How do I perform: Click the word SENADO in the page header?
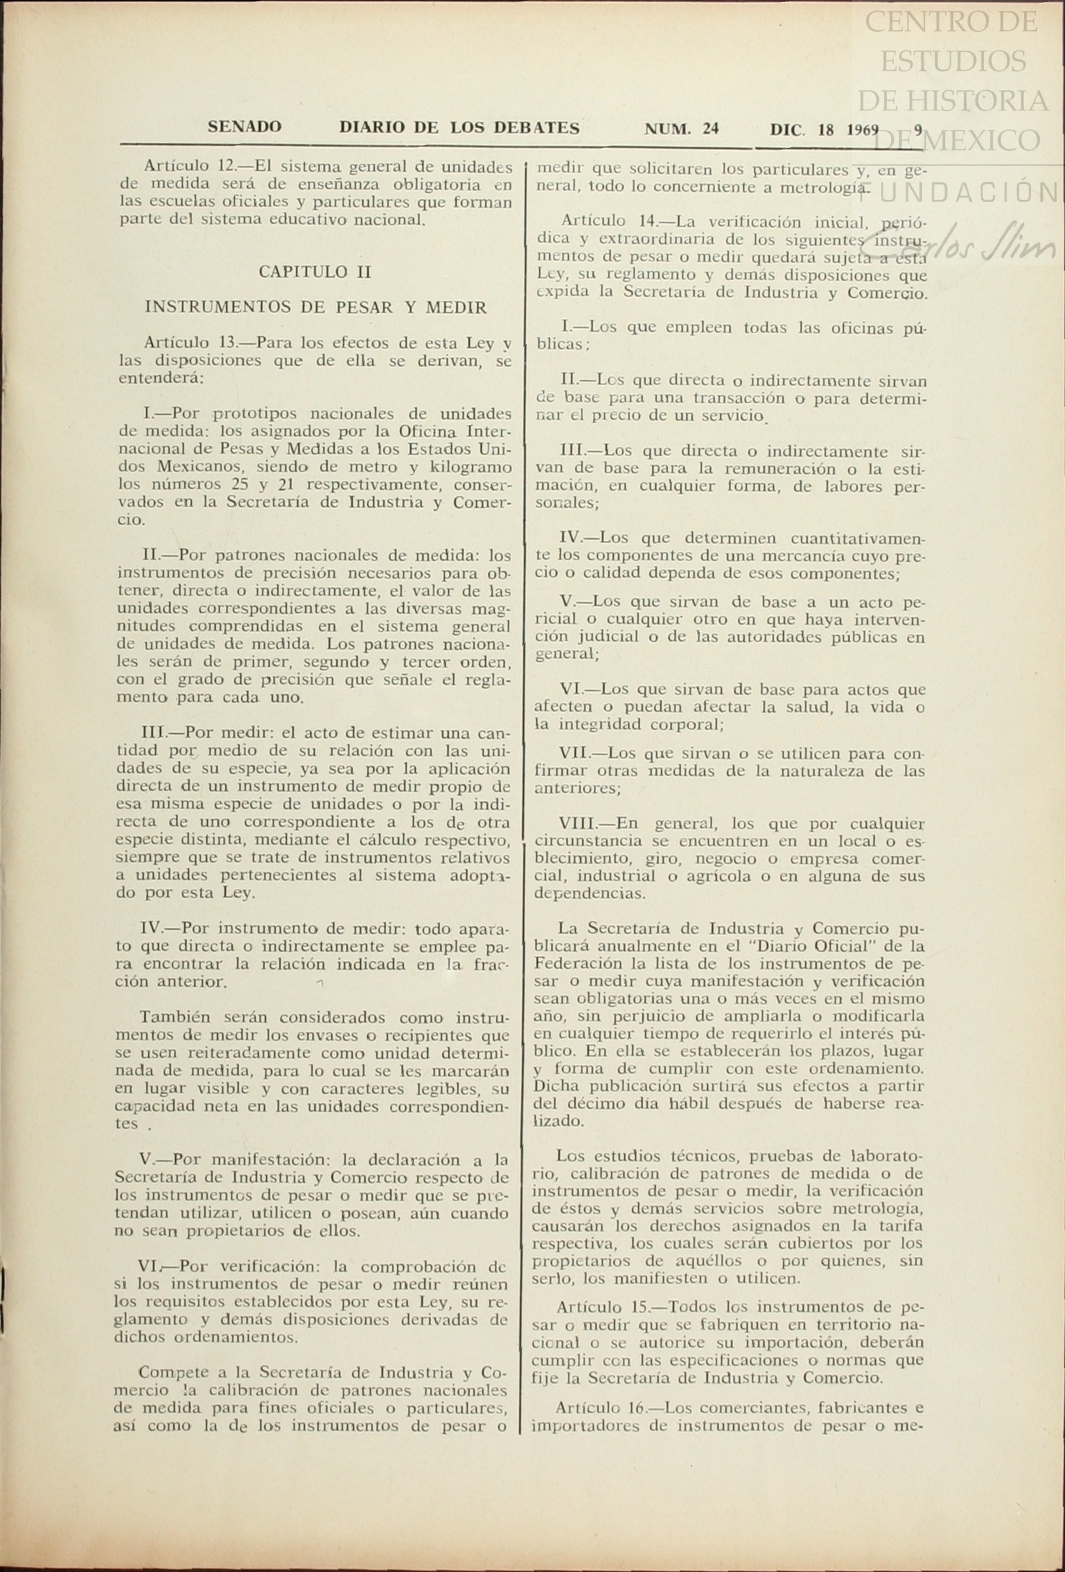tap(245, 128)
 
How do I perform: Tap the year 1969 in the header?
tap(862, 130)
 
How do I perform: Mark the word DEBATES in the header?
tap(536, 128)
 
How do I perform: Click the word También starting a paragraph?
tap(175, 1018)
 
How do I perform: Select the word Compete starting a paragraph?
tap(173, 1372)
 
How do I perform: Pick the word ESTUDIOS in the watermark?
tap(953, 61)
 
